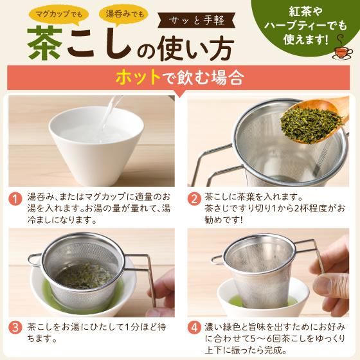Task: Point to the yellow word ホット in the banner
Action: click(x=138, y=79)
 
